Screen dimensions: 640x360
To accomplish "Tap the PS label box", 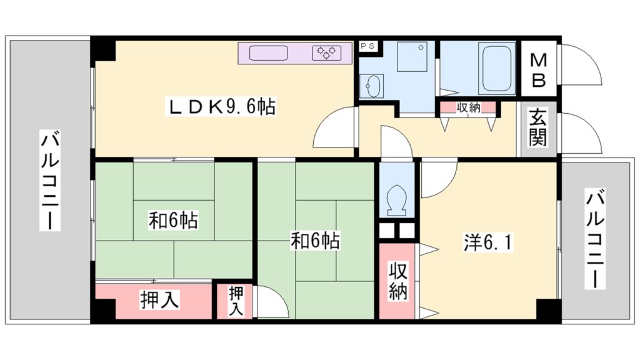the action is click(x=367, y=46).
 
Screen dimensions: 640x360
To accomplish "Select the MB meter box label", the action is click(x=539, y=70).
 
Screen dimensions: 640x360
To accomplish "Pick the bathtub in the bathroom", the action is click(x=497, y=69).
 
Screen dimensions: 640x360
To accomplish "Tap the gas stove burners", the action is click(x=326, y=52).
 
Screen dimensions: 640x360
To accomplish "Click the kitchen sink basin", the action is click(x=268, y=53).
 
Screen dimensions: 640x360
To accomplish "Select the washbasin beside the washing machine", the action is click(x=372, y=86).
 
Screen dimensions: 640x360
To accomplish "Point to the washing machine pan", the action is click(x=412, y=56).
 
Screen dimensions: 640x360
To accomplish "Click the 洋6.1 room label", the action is click(x=487, y=243).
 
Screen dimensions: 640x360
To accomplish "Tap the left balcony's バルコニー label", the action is click(x=50, y=181).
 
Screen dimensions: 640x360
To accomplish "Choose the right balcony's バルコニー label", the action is click(x=595, y=239).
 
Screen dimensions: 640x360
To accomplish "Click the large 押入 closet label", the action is click(x=159, y=300).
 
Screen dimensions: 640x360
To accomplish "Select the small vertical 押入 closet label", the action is click(x=236, y=302).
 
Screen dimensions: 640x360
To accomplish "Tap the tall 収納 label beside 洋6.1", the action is click(x=397, y=281).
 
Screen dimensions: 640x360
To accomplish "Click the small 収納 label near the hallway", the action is click(x=468, y=107).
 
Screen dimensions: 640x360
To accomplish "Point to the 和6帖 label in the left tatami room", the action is click(x=174, y=221).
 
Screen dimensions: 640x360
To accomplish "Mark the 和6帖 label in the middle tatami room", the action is click(x=315, y=240).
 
